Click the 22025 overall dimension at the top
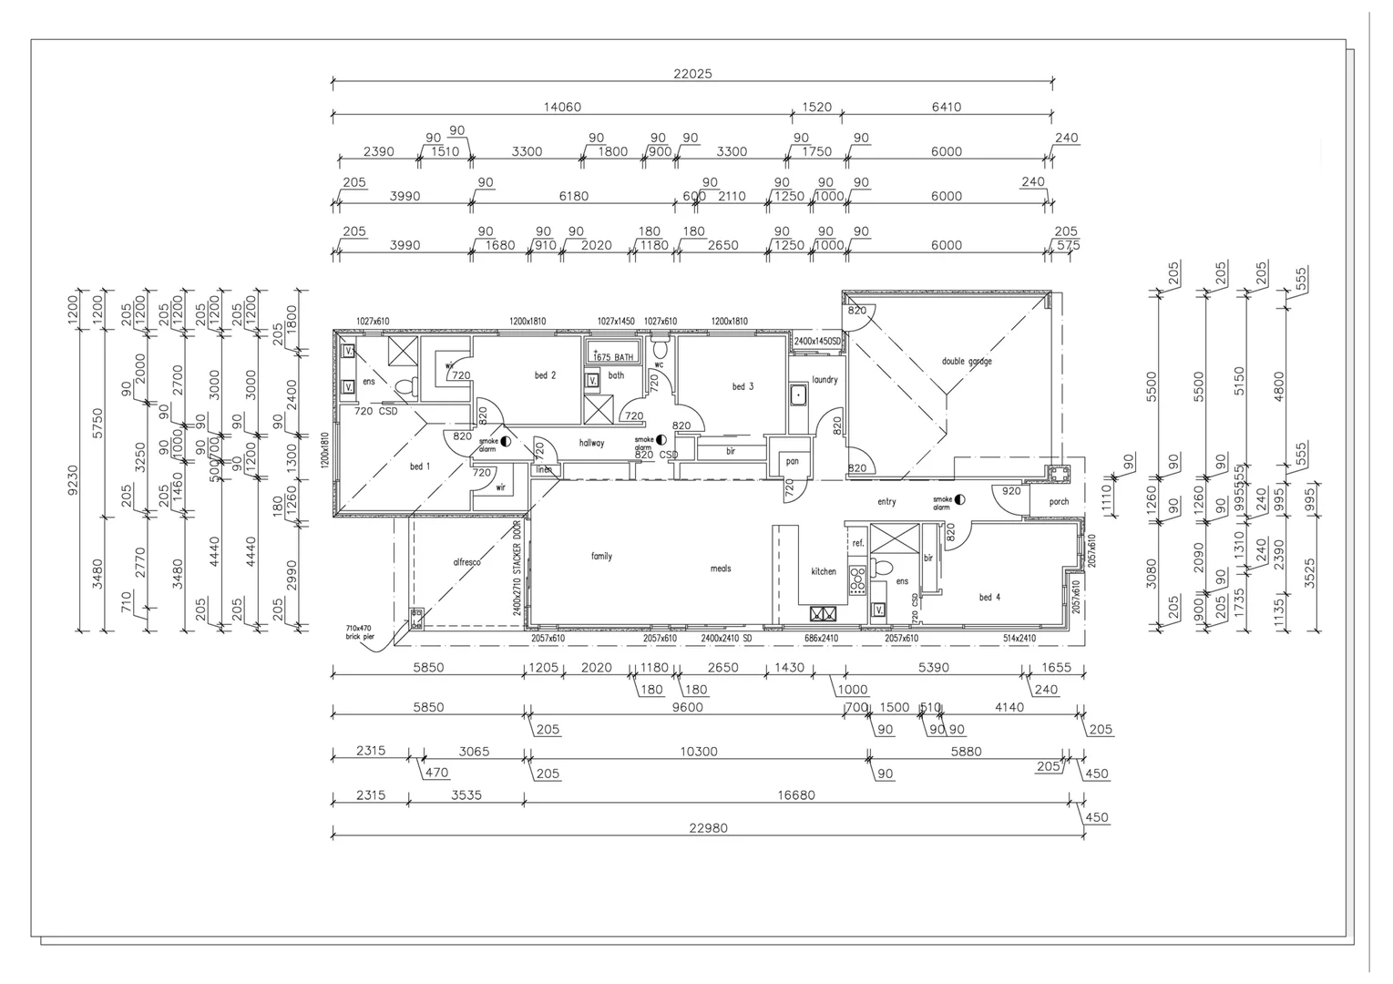tap(692, 74)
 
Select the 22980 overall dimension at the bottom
tap(708, 828)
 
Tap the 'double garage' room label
tap(967, 362)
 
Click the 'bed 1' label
tap(420, 466)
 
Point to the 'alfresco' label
tap(466, 562)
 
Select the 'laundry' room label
tap(825, 380)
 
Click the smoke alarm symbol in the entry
tap(959, 499)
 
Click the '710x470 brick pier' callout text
tap(359, 631)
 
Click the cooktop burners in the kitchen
tap(857, 580)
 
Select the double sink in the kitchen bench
tap(824, 613)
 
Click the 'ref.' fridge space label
tap(857, 543)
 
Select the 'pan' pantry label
tap(792, 461)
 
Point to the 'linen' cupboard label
tap(544, 470)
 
